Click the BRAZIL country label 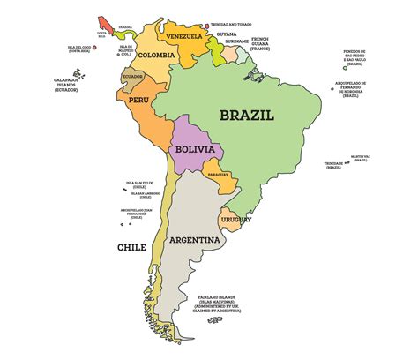pyautogui.click(x=247, y=115)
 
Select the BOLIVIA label pyautogui.click(x=195, y=150)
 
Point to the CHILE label pyautogui.click(x=131, y=248)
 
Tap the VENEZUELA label pyautogui.click(x=184, y=36)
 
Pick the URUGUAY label pyautogui.click(x=236, y=219)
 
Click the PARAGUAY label pyautogui.click(x=223, y=175)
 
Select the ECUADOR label pyautogui.click(x=132, y=76)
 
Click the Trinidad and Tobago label pyautogui.click(x=232, y=25)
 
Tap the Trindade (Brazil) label pyautogui.click(x=332, y=165)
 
